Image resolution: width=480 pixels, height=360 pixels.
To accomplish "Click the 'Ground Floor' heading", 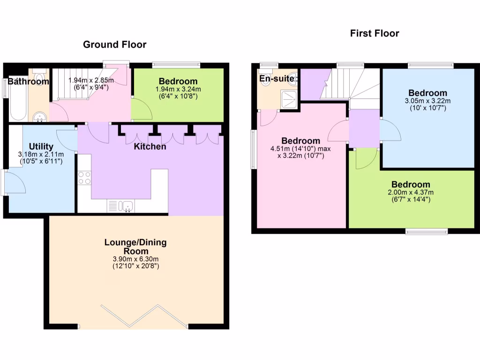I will tap(114, 45).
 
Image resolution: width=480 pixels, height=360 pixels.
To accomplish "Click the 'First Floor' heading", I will tap(375, 33).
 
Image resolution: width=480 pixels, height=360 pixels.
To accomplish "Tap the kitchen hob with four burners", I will tap(84, 178).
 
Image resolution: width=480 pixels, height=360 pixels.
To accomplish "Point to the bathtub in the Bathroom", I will tap(18, 101).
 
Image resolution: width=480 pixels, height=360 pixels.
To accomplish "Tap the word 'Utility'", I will tap(41, 146).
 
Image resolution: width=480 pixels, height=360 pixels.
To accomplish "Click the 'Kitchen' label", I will tap(150, 147).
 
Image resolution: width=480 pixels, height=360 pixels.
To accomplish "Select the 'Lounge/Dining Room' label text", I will tap(135, 247).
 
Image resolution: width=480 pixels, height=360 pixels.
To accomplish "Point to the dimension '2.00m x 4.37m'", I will tap(411, 192).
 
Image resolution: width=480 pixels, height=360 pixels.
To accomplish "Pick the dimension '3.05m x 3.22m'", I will tap(427, 101).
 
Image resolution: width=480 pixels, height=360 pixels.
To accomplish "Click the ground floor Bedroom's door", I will tap(142, 109).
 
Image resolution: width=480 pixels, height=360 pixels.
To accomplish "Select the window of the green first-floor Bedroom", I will tap(426, 231).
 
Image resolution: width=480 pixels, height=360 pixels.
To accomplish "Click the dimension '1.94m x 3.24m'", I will tap(178, 90).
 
